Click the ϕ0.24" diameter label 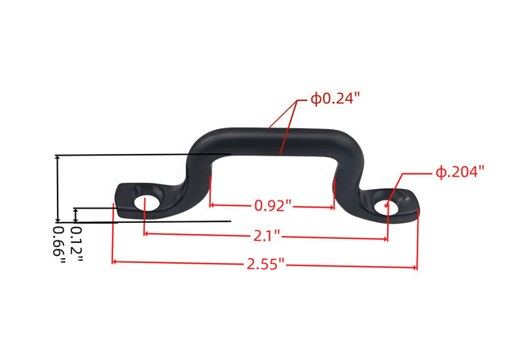[336, 99]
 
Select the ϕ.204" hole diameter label [460, 172]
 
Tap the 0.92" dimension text [273, 205]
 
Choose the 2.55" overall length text [265, 264]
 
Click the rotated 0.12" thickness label [75, 241]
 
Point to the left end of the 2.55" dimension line [113, 261]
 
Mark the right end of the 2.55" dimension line [417, 265]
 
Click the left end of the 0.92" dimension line [211, 205]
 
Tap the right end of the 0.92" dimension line [333, 207]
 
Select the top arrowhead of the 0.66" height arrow [57, 157]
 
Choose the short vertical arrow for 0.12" [75, 214]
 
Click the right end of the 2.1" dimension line [388, 238]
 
